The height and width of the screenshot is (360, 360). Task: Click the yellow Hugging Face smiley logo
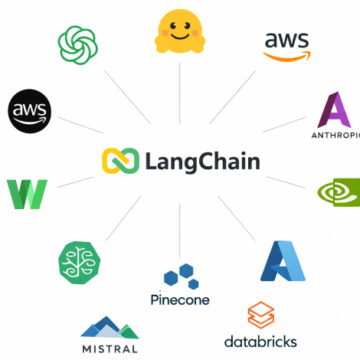[179, 32]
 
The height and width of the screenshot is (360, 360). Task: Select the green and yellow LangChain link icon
[117, 160]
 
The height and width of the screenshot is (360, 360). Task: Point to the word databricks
[260, 341]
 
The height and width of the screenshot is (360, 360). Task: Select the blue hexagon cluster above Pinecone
[178, 274]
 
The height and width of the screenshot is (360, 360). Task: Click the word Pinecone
[178, 299]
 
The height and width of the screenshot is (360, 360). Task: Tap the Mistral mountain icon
[110, 327]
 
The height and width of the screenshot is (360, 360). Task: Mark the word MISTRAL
[110, 349]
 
